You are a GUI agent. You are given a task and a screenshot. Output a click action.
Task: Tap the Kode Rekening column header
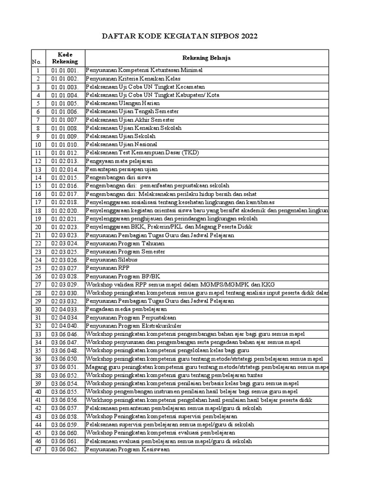pyautogui.click(x=65, y=58)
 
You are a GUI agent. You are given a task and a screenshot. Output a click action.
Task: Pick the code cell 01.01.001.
pyautogui.click(x=65, y=70)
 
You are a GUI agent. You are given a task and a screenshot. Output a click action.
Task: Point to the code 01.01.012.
pyautogui.click(x=65, y=153)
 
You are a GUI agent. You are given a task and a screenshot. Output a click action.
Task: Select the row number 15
pyautogui.click(x=38, y=185)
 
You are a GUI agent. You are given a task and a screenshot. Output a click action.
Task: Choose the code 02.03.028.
pyautogui.click(x=65, y=276)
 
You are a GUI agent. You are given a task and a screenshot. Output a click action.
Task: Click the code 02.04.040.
pyautogui.click(x=65, y=326)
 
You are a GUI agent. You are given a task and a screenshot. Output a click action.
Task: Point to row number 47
pyautogui.click(x=38, y=449)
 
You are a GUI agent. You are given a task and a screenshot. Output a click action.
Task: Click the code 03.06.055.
pyautogui.click(x=65, y=391)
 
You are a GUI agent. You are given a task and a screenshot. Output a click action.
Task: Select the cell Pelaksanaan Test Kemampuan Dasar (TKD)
pyautogui.click(x=143, y=153)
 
